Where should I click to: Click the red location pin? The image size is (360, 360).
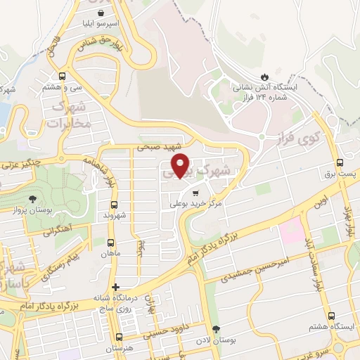click(x=181, y=165)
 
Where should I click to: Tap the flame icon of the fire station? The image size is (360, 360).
click(x=264, y=75)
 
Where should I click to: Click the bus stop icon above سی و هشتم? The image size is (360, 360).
click(x=63, y=76)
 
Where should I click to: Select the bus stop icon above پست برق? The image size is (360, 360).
click(x=340, y=161)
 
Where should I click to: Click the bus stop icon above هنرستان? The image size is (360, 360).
click(x=119, y=336)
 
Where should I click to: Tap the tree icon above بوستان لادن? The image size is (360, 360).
click(x=216, y=329)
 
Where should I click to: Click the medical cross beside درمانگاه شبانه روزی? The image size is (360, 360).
click(x=116, y=287)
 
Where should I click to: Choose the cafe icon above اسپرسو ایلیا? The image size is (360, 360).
click(x=103, y=12)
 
